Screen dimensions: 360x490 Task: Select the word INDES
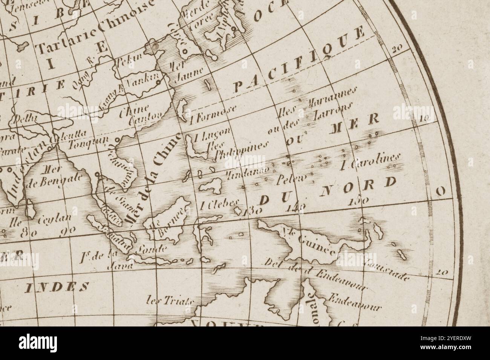57,287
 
